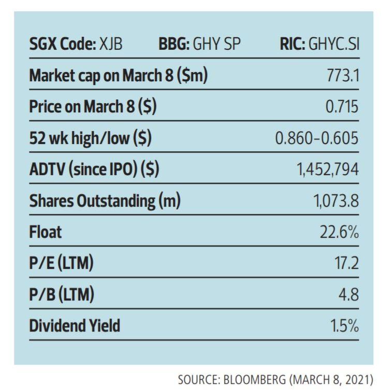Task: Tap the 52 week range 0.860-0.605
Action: coord(317,139)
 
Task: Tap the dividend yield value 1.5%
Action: coord(345,326)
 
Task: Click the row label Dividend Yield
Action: coord(75,326)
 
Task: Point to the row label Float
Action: coord(45,232)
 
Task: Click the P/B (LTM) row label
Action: coord(61,295)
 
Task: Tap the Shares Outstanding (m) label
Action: coord(105,201)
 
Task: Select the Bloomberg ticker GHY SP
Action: coord(217,45)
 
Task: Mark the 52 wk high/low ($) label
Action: coord(90,139)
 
